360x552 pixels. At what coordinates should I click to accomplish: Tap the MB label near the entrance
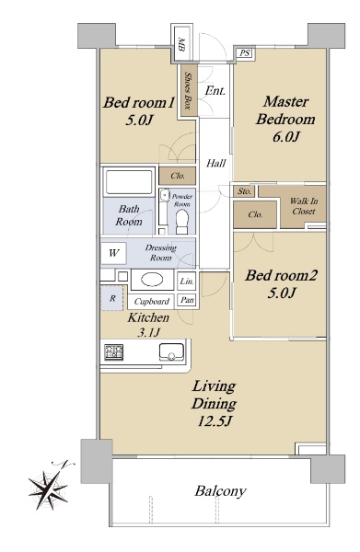181,44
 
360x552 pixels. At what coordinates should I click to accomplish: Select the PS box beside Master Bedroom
245,53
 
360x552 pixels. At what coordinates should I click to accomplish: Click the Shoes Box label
188,91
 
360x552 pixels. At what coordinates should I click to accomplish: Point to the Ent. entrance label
215,91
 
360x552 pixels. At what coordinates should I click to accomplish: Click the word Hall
216,163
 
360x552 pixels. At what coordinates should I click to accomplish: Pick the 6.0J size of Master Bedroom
285,136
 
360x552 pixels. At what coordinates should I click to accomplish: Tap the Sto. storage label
245,191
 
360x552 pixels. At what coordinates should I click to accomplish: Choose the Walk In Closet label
304,206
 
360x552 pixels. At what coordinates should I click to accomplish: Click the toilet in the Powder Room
182,222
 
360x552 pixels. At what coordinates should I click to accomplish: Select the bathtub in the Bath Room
129,182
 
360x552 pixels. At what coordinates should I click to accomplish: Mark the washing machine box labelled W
113,253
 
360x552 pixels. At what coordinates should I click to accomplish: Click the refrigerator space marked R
112,298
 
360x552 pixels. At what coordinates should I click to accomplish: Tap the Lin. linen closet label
187,282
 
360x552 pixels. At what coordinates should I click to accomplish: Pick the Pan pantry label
187,300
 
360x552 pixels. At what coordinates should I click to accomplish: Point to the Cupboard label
152,302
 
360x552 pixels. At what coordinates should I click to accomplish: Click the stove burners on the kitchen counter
114,352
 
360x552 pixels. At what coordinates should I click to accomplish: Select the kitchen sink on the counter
171,351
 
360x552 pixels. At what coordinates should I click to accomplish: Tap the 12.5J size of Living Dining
215,421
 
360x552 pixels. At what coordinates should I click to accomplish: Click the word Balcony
221,491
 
